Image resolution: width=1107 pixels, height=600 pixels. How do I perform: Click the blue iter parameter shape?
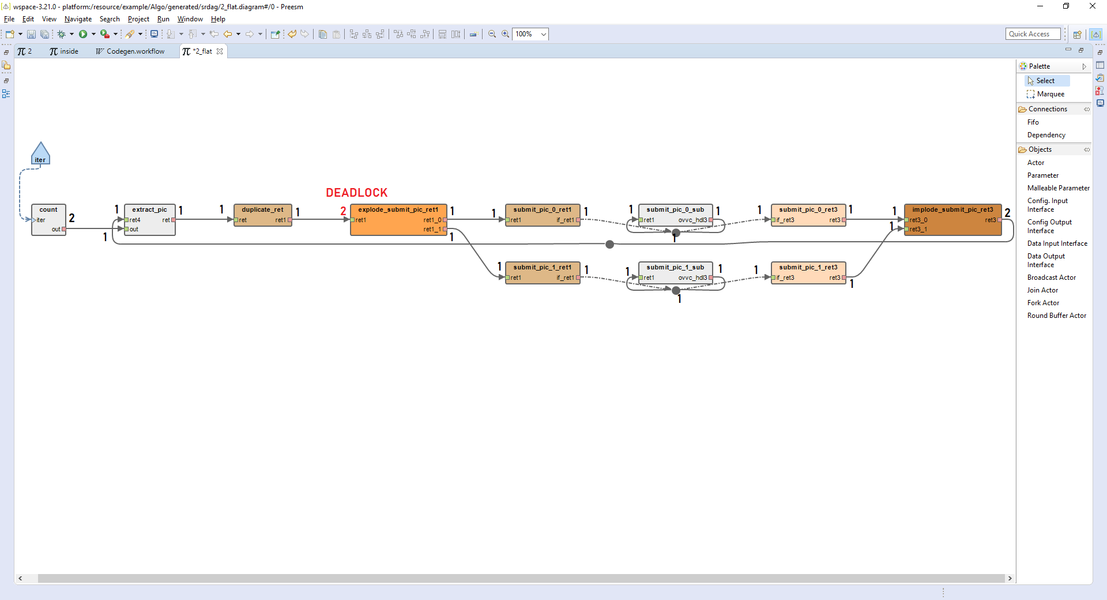[40, 155]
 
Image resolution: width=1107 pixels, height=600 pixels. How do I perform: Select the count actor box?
[48, 220]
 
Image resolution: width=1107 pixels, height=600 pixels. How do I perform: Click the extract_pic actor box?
[150, 220]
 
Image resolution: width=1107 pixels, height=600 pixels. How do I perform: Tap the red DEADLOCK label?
[356, 193]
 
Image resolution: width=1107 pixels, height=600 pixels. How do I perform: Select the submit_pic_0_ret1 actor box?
[543, 215]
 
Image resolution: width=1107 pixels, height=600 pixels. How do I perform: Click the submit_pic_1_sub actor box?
[675, 273]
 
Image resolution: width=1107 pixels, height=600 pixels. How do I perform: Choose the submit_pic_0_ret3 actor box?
[808, 215]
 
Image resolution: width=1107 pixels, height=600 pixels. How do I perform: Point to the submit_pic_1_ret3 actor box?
[808, 273]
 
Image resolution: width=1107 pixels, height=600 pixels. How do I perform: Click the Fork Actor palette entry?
[1043, 303]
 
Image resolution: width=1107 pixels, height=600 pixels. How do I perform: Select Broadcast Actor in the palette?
[1051, 277]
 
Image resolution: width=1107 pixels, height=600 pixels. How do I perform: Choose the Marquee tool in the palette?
[1050, 94]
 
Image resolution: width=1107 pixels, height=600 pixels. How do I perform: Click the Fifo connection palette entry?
[1033, 122]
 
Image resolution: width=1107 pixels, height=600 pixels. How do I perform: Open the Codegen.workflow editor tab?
[135, 51]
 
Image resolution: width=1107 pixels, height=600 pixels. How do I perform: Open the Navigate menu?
[78, 19]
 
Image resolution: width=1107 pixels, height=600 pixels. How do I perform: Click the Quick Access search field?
[1033, 34]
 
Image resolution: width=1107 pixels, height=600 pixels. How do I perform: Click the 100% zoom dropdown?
[530, 34]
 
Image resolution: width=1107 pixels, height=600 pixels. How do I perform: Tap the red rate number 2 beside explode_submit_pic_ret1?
[343, 211]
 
